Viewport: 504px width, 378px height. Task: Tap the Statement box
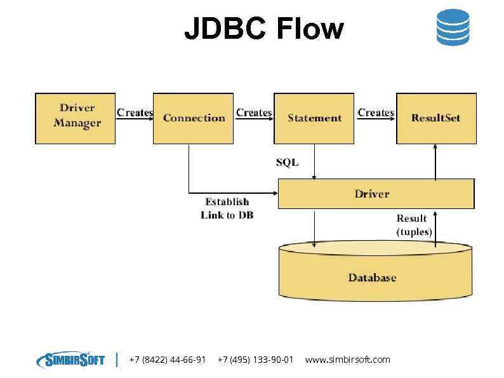click(x=314, y=118)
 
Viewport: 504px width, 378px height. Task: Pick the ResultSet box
click(x=436, y=118)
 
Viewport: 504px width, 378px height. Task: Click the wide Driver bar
click(x=376, y=194)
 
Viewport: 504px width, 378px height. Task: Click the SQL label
click(x=287, y=163)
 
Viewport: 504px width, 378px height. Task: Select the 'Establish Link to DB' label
click(x=227, y=208)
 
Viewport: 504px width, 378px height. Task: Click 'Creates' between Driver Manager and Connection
click(x=135, y=112)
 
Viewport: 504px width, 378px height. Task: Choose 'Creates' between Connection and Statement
click(x=254, y=112)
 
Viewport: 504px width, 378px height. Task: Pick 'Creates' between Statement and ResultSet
click(x=376, y=112)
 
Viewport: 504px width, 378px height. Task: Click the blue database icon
click(x=453, y=27)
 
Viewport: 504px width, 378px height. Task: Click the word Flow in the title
click(x=310, y=29)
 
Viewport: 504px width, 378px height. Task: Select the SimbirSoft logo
click(x=70, y=360)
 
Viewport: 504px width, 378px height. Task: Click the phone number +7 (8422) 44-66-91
click(x=168, y=360)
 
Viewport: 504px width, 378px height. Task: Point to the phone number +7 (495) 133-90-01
click(x=255, y=360)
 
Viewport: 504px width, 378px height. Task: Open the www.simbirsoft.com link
click(x=348, y=360)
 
